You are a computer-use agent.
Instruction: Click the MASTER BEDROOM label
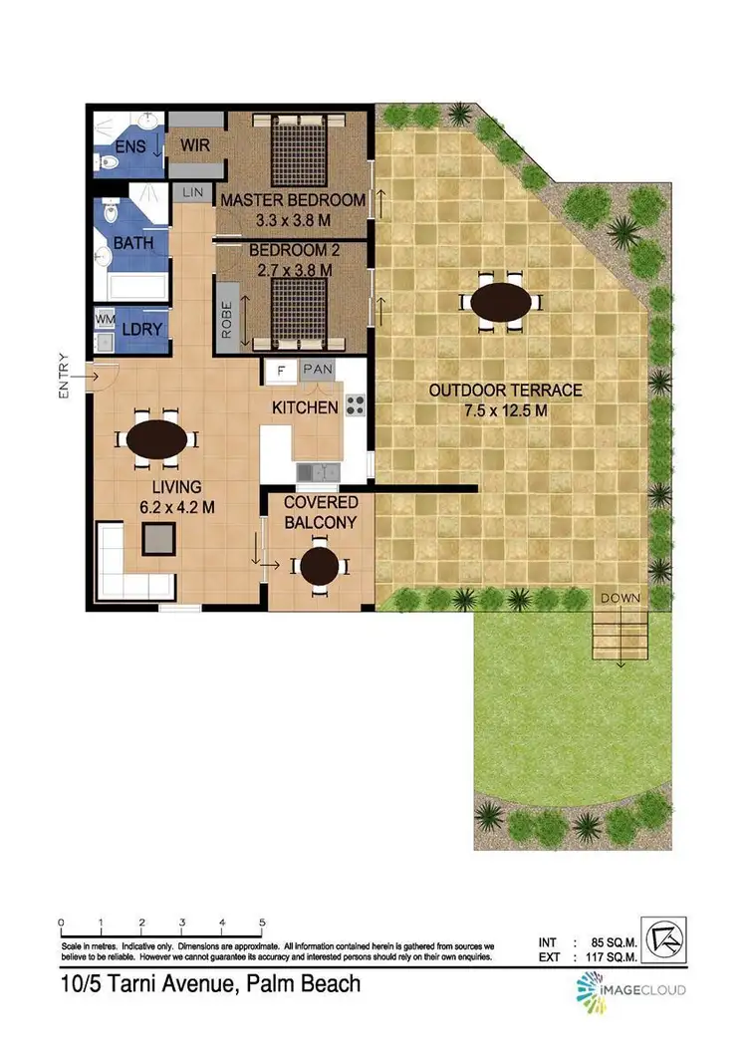[293, 200]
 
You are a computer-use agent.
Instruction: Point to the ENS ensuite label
[129, 147]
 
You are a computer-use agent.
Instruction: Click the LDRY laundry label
[137, 329]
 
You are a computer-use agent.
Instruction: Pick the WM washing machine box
[105, 320]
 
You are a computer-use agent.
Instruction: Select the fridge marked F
[282, 371]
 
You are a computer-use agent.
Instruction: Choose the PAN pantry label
[318, 370]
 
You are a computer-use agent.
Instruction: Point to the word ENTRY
[64, 377]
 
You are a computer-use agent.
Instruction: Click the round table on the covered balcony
[320, 566]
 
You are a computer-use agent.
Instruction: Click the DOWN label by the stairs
[620, 598]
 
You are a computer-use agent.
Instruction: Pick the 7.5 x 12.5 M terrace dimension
[505, 409]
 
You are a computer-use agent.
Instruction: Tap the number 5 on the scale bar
[262, 921]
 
